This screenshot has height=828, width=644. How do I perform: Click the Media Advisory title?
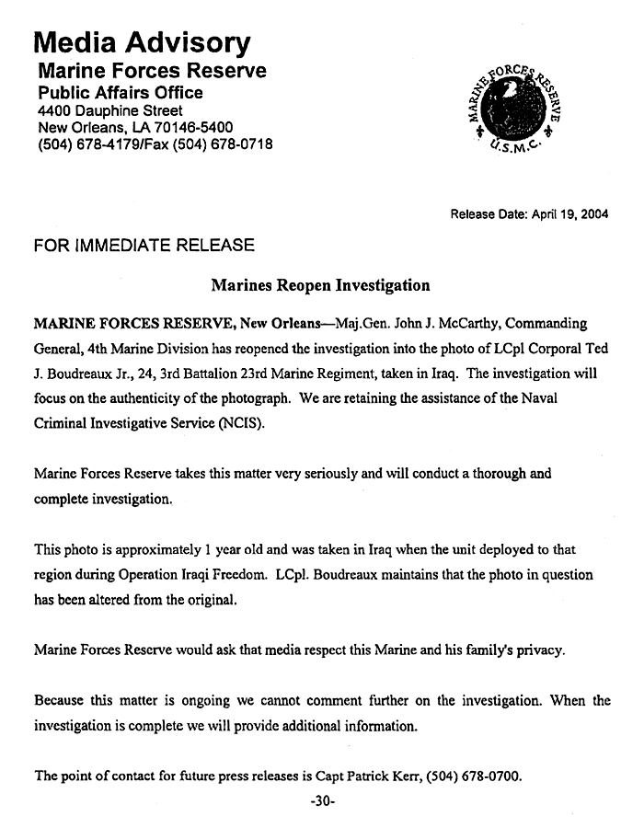coord(142,42)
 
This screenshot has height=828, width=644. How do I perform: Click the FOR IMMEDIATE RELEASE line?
coord(144,246)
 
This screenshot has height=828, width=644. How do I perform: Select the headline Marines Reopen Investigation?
coord(320,285)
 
